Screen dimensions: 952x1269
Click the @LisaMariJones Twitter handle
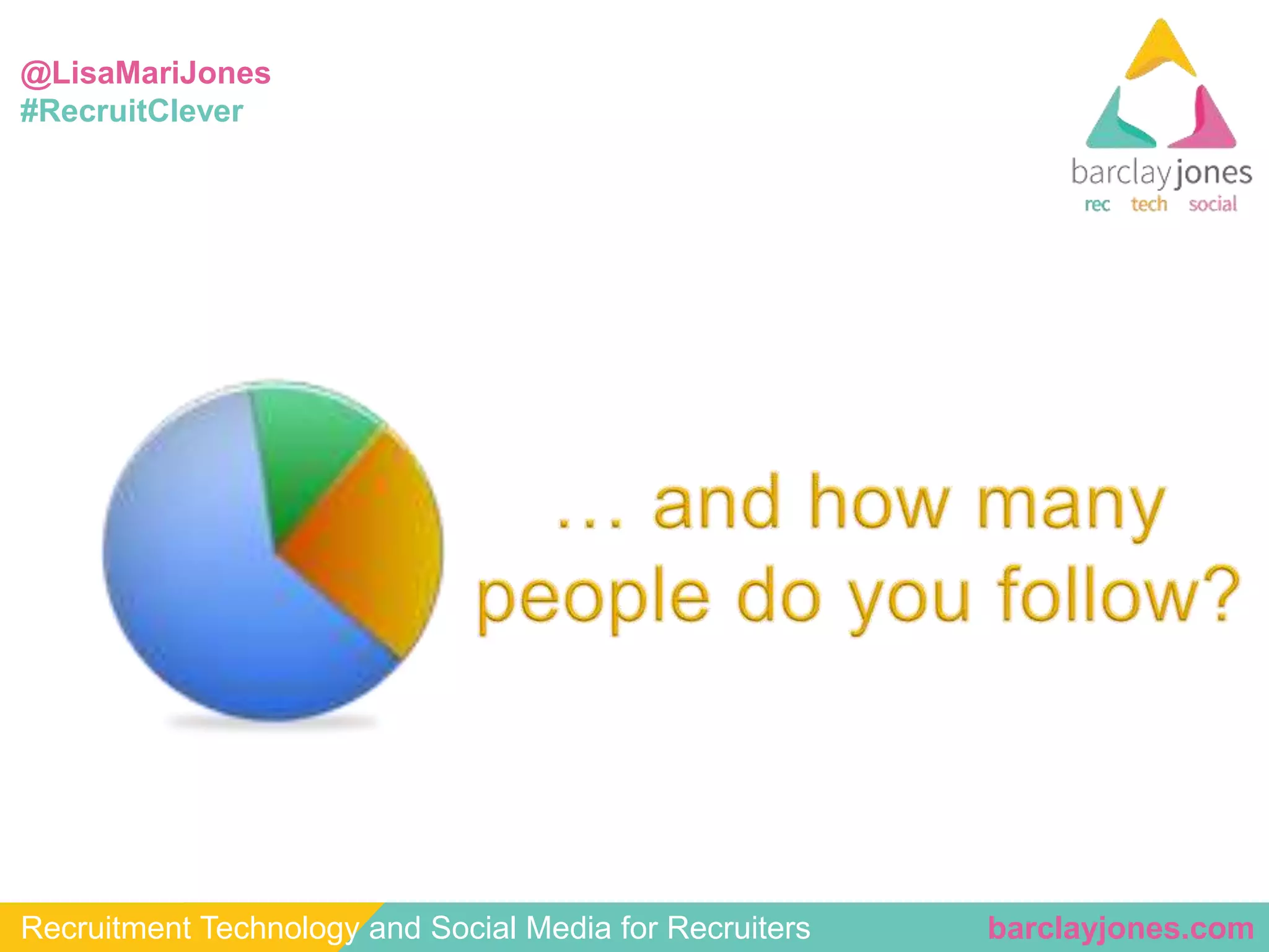(146, 73)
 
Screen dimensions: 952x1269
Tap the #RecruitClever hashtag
(131, 112)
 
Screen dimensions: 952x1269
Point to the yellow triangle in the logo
(1161, 53)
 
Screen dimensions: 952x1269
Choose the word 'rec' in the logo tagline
(1097, 205)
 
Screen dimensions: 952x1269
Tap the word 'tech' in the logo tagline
(1149, 204)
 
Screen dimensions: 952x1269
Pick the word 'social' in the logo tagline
(1213, 204)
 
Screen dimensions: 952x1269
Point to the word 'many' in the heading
(1071, 505)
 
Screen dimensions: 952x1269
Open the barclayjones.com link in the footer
(1120, 928)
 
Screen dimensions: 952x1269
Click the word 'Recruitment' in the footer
(106, 928)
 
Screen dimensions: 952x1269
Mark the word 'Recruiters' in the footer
(739, 928)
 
